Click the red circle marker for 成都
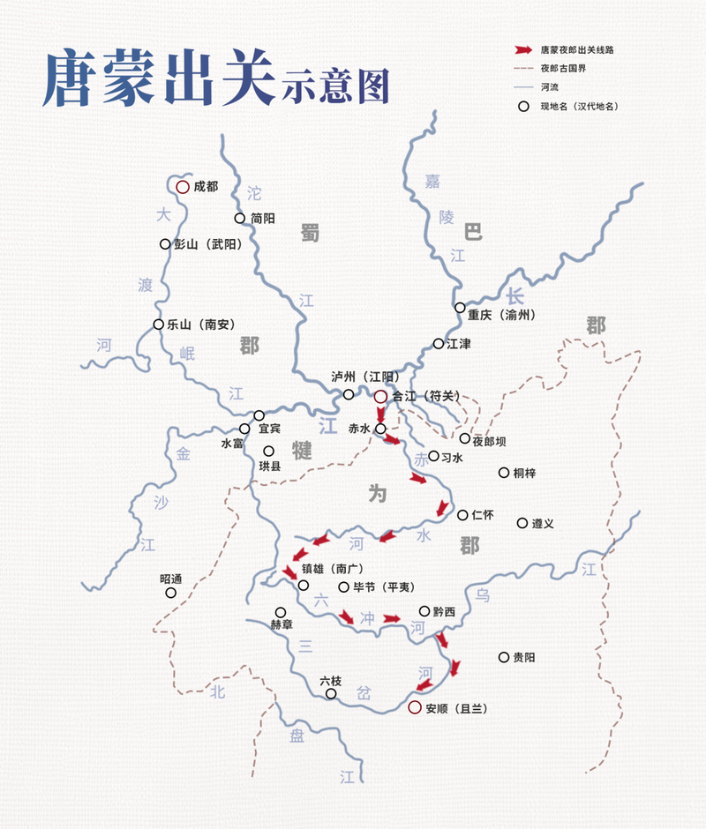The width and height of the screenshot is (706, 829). (182, 187)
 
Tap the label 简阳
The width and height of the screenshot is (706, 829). (263, 218)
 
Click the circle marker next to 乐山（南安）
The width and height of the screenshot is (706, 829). (159, 325)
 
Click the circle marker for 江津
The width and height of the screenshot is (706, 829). (439, 343)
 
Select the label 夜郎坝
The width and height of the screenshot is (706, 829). (491, 438)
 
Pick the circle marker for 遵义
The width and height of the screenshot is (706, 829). (522, 523)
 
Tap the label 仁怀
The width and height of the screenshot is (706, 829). (484, 515)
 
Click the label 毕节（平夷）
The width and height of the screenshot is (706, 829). (384, 586)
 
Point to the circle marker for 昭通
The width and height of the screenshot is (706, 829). (171, 593)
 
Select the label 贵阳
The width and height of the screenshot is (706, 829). (524, 657)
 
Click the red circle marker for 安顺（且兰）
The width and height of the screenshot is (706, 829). (414, 707)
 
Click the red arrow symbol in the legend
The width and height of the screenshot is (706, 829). (524, 50)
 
